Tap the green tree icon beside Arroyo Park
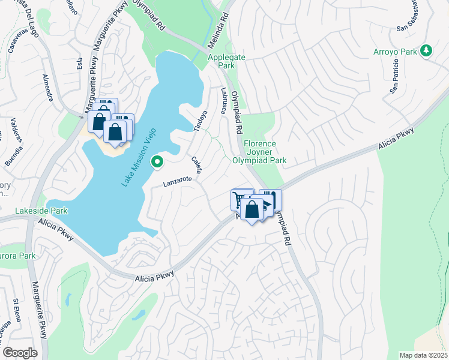[x=426, y=51]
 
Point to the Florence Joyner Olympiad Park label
[x=265, y=152]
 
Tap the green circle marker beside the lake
[x=157, y=161]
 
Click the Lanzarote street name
[x=177, y=182]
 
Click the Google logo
[x=20, y=352]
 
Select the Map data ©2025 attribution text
[x=423, y=355]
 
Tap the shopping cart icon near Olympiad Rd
[x=240, y=198]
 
